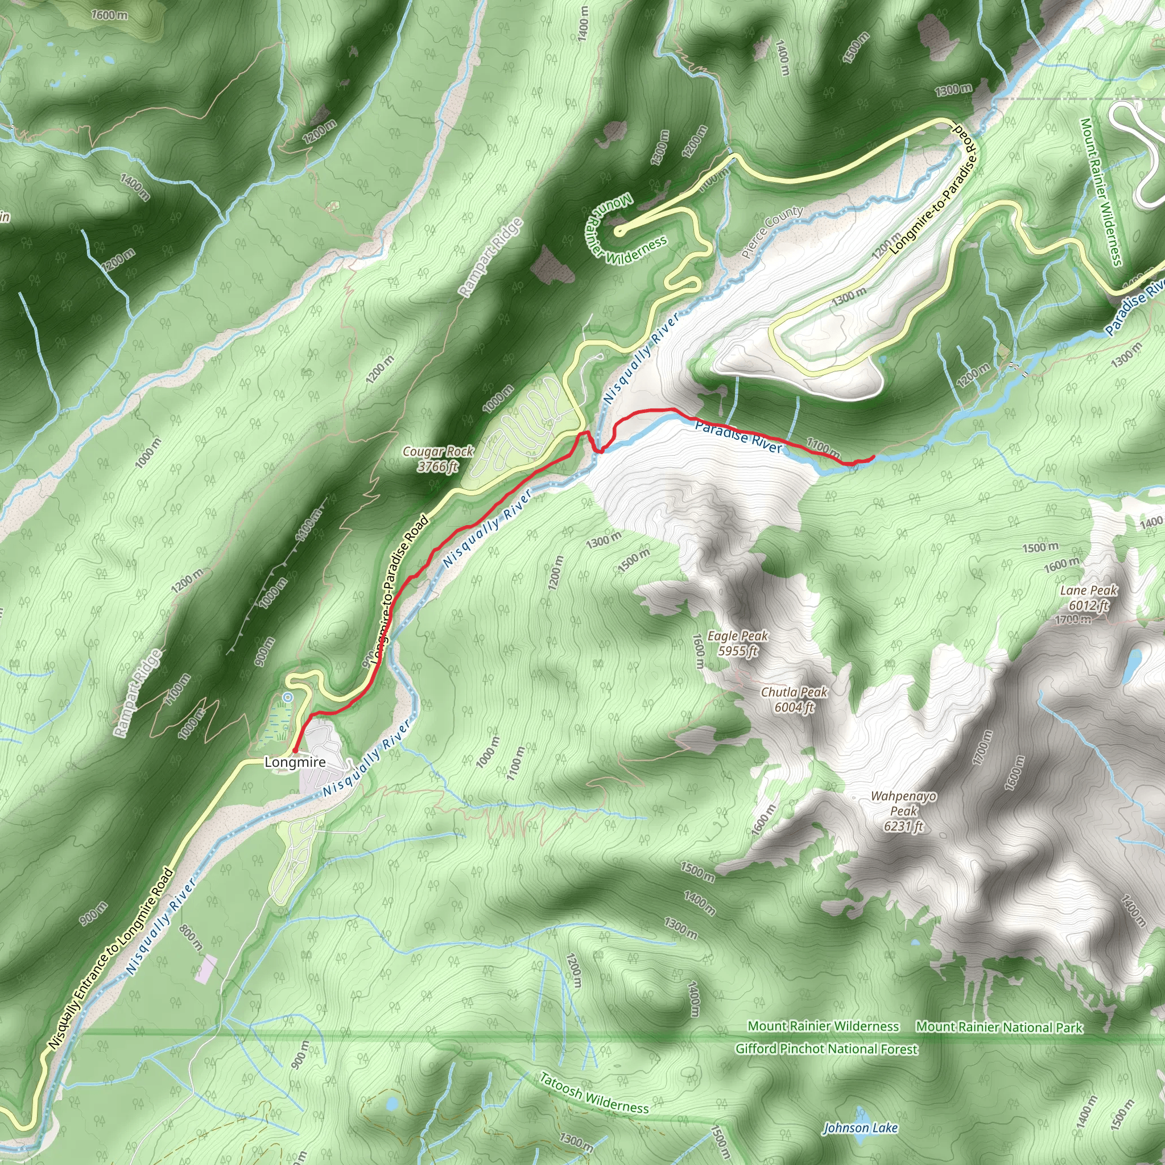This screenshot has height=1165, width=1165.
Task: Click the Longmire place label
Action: click(295, 762)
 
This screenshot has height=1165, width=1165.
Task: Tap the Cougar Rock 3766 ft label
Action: click(438, 459)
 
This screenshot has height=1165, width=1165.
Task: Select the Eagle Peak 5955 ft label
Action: click(737, 643)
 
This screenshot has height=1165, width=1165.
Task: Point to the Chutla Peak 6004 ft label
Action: click(794, 700)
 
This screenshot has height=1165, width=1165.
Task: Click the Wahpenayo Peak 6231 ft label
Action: click(903, 811)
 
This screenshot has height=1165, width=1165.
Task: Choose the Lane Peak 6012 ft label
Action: click(1088, 598)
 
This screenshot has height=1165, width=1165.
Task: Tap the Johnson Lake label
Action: click(860, 1127)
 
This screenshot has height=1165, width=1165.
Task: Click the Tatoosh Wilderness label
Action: click(593, 1093)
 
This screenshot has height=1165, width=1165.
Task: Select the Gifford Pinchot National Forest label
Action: click(826, 1048)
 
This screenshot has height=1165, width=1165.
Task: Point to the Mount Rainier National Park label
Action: click(999, 1027)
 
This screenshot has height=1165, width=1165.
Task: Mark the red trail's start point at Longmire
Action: click(295, 751)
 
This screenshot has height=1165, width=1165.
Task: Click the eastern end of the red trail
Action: click(874, 459)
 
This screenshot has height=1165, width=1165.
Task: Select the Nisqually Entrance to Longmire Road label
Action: click(111, 959)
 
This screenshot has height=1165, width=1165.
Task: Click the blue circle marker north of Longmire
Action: click(288, 697)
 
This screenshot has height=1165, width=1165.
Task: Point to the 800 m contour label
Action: click(191, 938)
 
